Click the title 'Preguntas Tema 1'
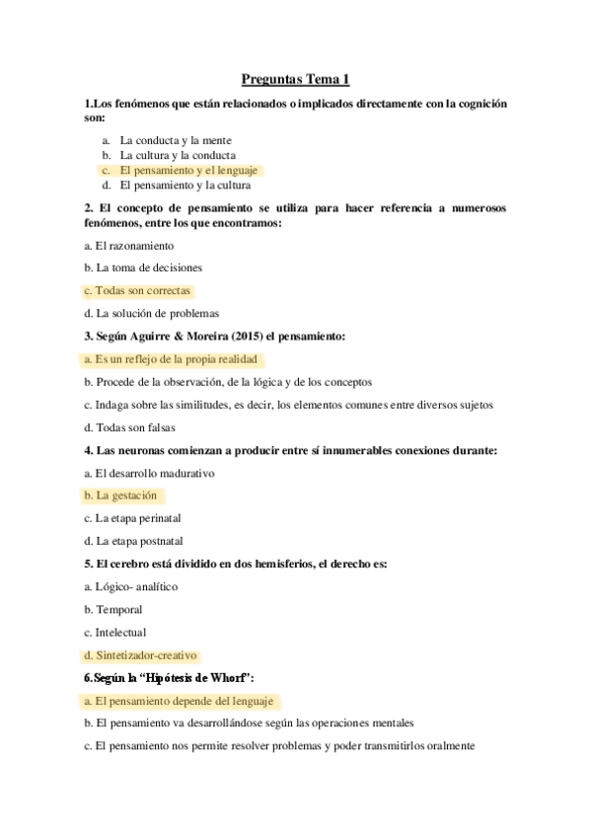coord(295,79)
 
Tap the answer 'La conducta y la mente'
coord(176,141)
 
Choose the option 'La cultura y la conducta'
coord(178,155)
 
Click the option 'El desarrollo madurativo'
coord(154,473)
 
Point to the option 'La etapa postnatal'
coord(139,541)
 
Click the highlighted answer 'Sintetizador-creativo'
coord(146,654)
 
